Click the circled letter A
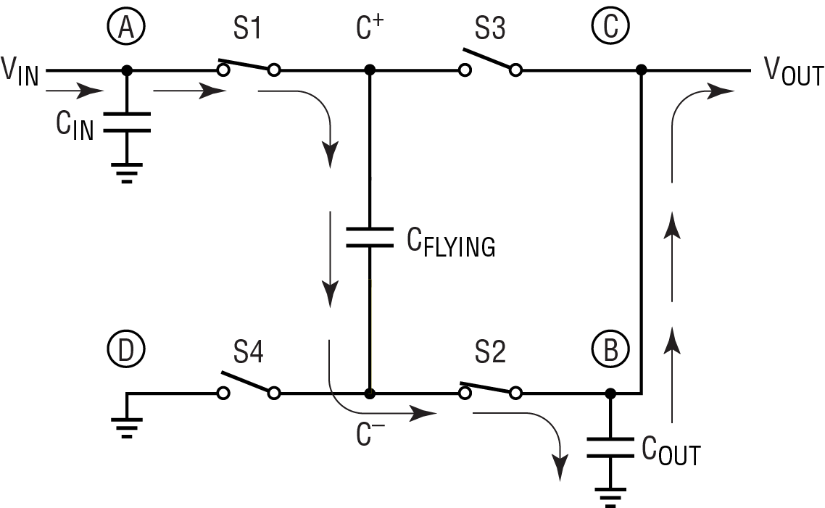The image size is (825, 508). [x=126, y=27]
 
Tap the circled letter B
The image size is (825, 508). [x=610, y=349]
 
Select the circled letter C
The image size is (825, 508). [x=610, y=26]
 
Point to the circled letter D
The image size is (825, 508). [x=126, y=349]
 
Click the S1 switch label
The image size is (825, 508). [x=247, y=28]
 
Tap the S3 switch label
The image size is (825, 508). [x=490, y=28]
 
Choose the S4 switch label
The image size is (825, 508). [x=249, y=351]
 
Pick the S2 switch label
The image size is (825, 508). [x=490, y=351]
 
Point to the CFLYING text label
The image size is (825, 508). [x=451, y=242]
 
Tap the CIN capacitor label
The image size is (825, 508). [x=75, y=125]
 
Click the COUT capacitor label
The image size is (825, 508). [x=671, y=451]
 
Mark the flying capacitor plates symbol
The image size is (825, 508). [x=370, y=237]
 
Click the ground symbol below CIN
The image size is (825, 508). [x=127, y=173]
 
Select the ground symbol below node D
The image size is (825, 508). [x=127, y=428]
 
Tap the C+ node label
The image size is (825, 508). [x=370, y=28]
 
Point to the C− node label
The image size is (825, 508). [x=370, y=434]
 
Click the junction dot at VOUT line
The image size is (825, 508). [x=642, y=70]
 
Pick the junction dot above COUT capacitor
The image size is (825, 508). [x=610, y=394]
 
